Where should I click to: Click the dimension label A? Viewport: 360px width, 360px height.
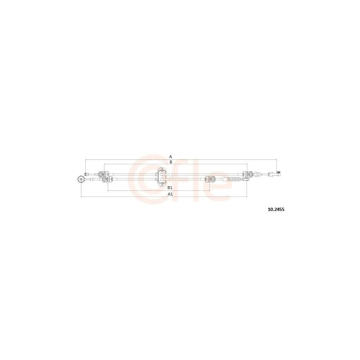pyautogui.click(x=171, y=157)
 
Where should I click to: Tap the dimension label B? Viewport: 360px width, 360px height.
pyautogui.click(x=171, y=162)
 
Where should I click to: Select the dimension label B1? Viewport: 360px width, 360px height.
pyautogui.click(x=170, y=188)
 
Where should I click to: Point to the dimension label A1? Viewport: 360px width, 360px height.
pyautogui.click(x=170, y=194)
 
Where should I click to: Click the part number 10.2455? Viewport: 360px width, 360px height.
pyautogui.click(x=276, y=210)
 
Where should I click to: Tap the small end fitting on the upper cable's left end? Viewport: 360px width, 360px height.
pyautogui.click(x=86, y=174)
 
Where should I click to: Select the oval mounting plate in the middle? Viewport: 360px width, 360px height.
pyautogui.click(x=162, y=176)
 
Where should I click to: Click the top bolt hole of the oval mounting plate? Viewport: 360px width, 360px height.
pyautogui.click(x=162, y=170)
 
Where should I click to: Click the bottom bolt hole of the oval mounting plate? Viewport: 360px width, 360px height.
pyautogui.click(x=162, y=183)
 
